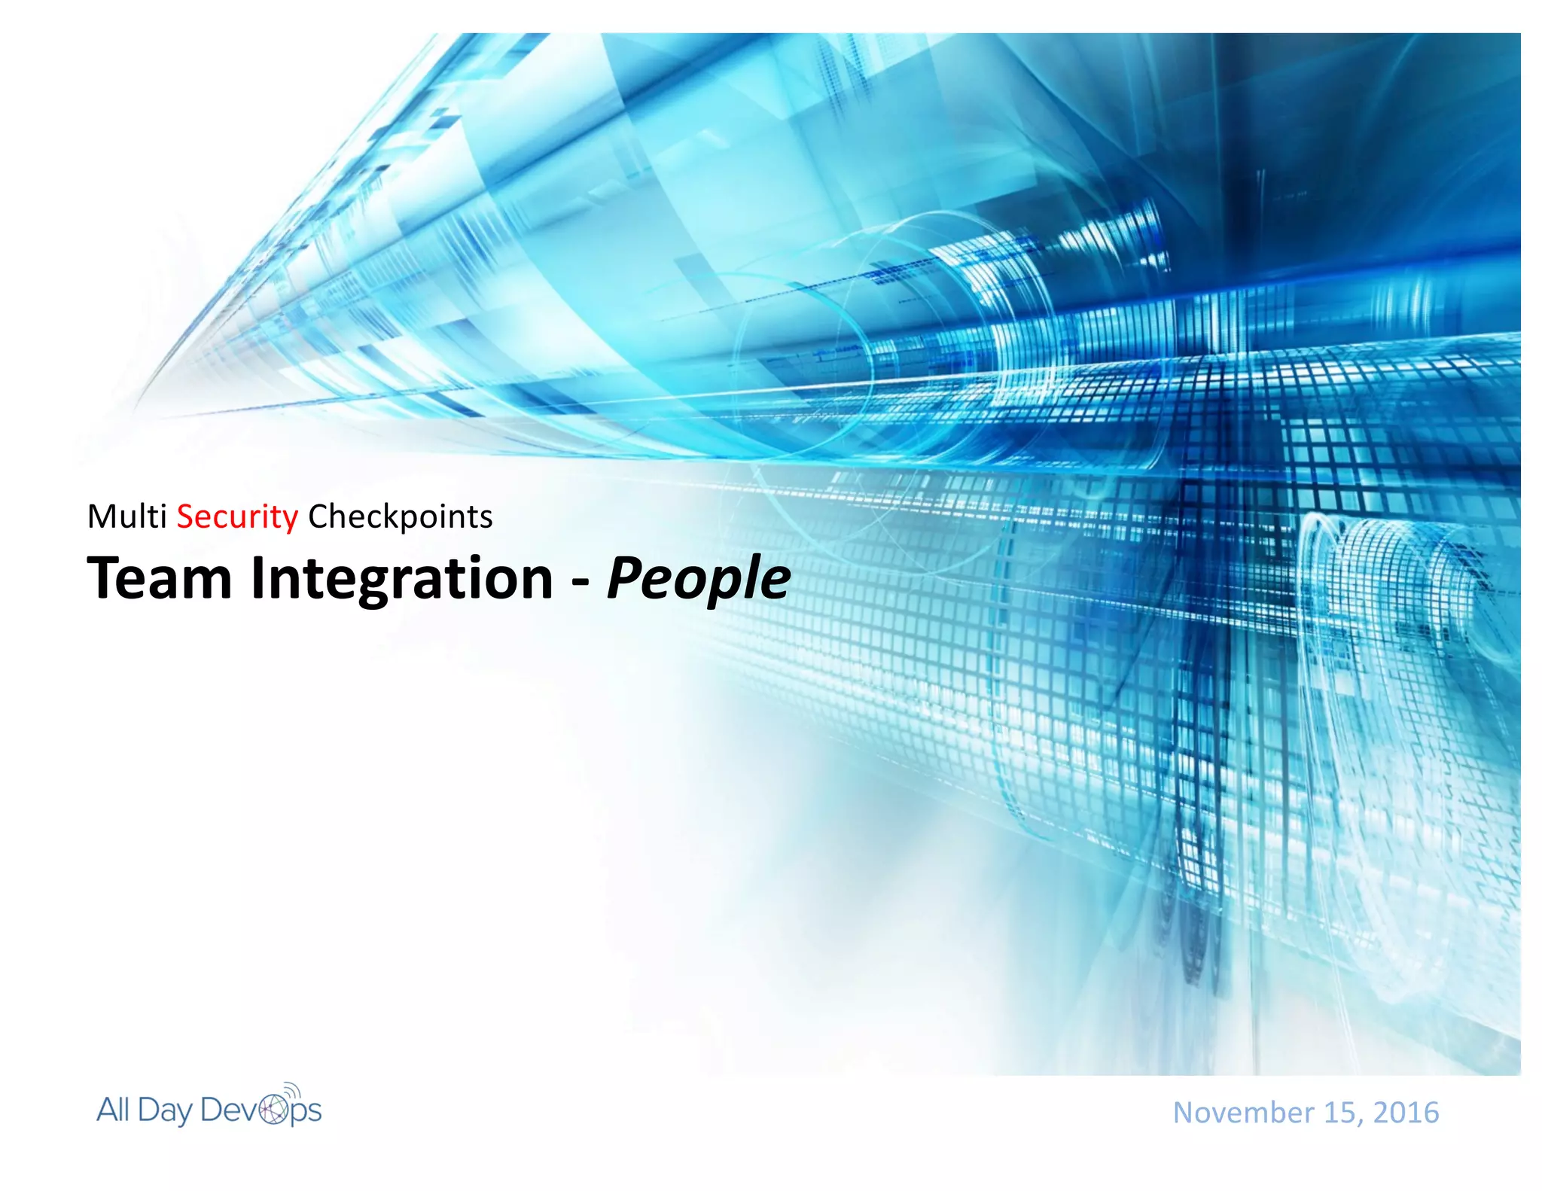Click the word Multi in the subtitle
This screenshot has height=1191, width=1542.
point(126,517)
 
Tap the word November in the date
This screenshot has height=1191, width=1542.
point(1233,1113)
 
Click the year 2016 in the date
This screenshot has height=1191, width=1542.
point(1406,1113)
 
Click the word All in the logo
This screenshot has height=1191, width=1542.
point(113,1110)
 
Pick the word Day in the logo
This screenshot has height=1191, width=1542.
point(165,1112)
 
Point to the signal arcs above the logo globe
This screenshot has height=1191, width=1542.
point(293,1089)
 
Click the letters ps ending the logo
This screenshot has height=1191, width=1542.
point(306,1113)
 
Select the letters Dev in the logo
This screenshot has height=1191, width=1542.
point(230,1110)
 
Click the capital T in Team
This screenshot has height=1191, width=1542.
point(105,578)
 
